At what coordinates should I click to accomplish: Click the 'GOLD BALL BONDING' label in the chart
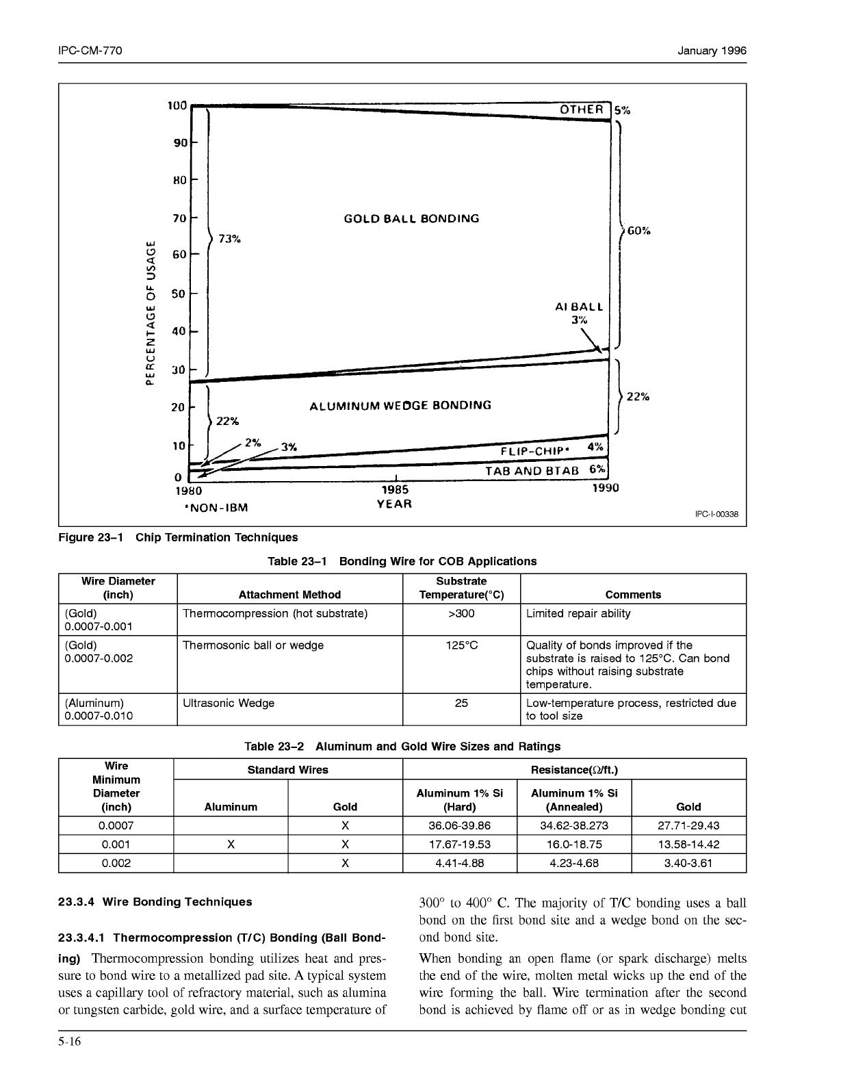pos(411,219)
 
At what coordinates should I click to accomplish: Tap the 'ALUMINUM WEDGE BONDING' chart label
pos(400,405)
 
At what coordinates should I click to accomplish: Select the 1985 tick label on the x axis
pos(395,489)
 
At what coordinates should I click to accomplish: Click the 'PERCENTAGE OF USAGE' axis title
pos(150,312)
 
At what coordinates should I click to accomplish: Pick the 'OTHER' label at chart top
pos(582,109)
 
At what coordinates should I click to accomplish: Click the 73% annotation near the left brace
pos(229,239)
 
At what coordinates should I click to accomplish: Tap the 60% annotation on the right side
pos(638,231)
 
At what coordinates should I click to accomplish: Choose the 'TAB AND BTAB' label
pos(532,471)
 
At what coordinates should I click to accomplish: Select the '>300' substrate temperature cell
pos(461,613)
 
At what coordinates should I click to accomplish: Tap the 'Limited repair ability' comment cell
pos(578,613)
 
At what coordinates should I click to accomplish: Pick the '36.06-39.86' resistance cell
pos(459,825)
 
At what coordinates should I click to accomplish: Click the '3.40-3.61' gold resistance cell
pos(688,863)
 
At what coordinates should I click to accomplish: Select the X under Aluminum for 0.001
pos(231,844)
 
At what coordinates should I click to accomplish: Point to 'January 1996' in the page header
pos(712,51)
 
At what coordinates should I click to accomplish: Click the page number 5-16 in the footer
pos(70,1042)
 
